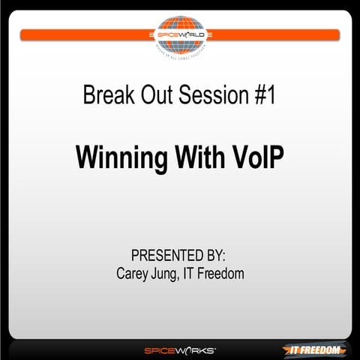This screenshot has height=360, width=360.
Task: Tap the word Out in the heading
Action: [154, 96]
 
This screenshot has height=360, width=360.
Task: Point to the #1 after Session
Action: [262, 96]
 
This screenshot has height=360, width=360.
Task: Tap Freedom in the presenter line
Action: [225, 274]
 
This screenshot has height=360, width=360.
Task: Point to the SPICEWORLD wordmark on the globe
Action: [180, 34]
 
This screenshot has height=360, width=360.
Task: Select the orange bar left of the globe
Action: [86, 34]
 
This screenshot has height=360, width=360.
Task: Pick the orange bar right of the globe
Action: [274, 34]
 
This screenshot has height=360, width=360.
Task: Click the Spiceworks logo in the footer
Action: [180, 349]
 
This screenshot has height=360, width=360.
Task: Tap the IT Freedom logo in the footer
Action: [315, 349]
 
